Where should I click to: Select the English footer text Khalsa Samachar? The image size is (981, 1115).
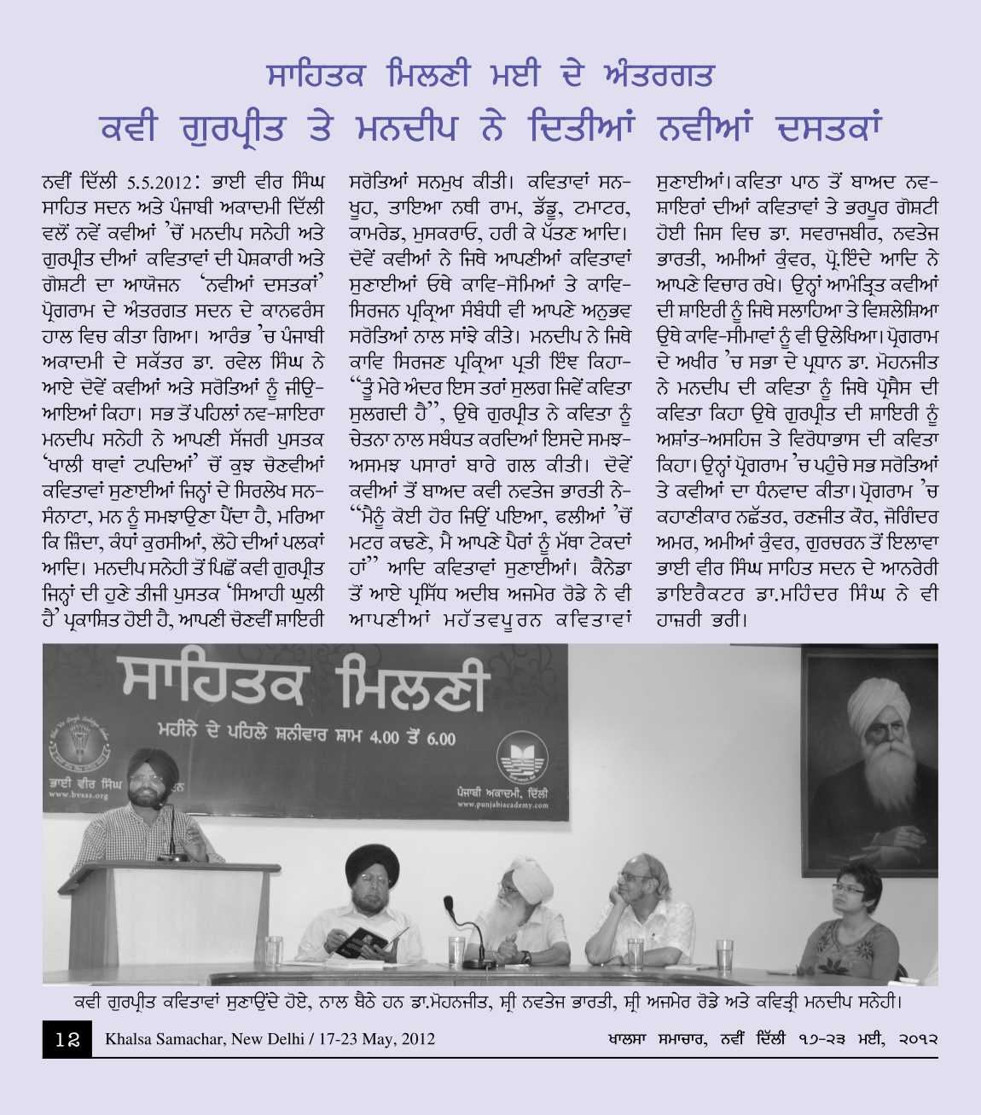coord(270,1038)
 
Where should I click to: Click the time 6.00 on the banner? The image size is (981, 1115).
coord(440,737)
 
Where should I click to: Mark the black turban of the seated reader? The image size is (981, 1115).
coord(373,863)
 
